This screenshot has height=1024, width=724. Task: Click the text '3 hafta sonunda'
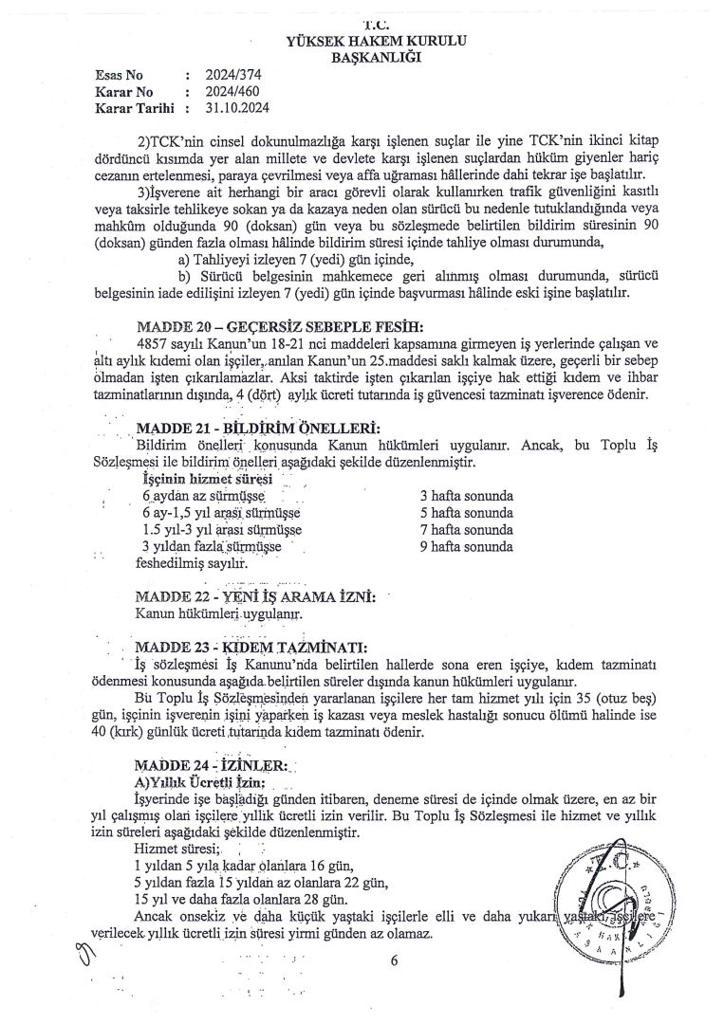click(x=466, y=496)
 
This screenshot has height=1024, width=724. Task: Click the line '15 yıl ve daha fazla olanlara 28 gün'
click(x=245, y=898)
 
